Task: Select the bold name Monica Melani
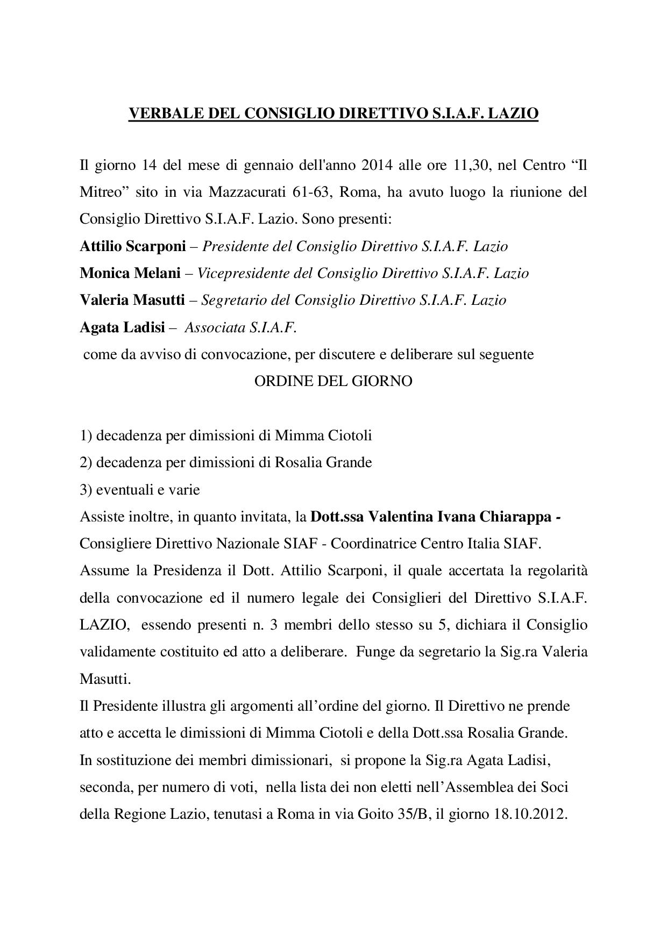(130, 273)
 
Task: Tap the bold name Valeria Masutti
(132, 300)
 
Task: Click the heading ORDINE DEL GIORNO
(334, 381)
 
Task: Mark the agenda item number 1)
(86, 435)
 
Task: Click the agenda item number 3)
(86, 490)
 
